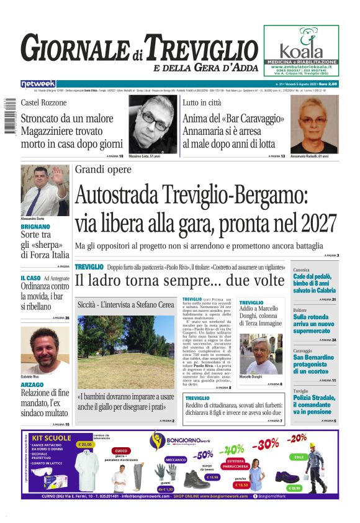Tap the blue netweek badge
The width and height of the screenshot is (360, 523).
tap(38, 84)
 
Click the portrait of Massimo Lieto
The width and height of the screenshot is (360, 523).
tap(152, 124)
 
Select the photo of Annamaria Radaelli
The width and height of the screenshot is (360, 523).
tap(315, 124)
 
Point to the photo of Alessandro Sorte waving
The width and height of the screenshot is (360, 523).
tap(45, 190)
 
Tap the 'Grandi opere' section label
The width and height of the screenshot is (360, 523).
tap(104, 169)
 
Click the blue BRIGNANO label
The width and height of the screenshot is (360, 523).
tap(35, 227)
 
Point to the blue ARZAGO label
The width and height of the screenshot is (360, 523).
tap(32, 385)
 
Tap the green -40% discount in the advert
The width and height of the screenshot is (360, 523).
tap(233, 449)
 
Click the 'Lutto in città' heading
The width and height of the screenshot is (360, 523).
tap(203, 102)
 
